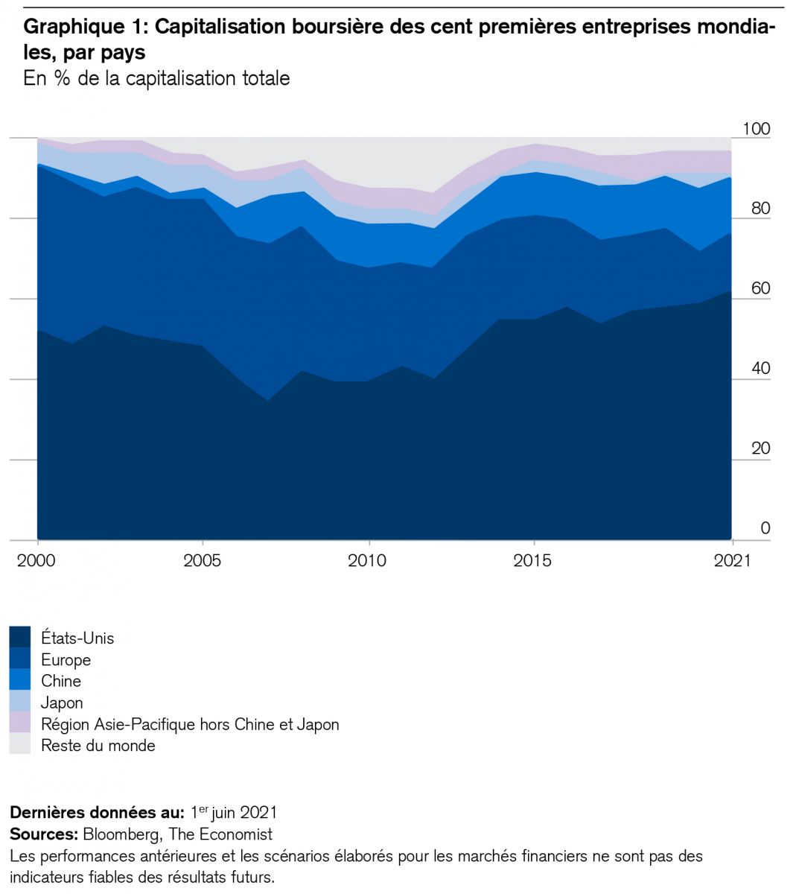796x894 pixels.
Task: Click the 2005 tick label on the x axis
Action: (202, 560)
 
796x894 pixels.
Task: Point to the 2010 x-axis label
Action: (367, 560)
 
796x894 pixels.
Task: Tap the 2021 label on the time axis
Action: (733, 560)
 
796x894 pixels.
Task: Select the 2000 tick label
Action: (36, 560)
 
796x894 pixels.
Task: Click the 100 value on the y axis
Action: (756, 129)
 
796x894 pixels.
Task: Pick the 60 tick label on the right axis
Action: (760, 288)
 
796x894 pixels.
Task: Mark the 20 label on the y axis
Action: (760, 448)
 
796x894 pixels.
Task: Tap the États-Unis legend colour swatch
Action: (20, 638)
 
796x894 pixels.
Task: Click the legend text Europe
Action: (66, 660)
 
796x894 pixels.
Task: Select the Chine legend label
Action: (61, 681)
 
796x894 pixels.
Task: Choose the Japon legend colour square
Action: (20, 703)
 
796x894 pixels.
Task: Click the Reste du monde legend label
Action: (98, 746)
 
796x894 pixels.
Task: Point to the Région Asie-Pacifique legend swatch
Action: (20, 724)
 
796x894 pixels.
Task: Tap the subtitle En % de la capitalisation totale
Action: (156, 78)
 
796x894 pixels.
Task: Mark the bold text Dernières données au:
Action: (97, 812)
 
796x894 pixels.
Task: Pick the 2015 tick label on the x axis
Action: (532, 560)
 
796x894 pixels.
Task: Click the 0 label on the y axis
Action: (765, 528)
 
